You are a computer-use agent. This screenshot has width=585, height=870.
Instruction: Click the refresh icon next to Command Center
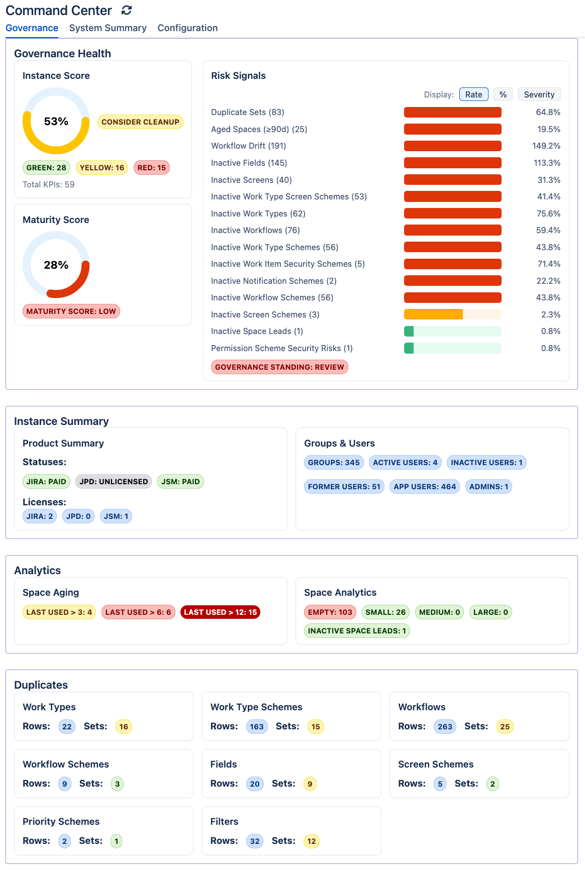point(127,10)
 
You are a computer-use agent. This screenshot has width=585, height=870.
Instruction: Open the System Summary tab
point(108,28)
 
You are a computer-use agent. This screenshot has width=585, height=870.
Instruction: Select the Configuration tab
point(187,28)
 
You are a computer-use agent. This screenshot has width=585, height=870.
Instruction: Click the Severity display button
point(539,94)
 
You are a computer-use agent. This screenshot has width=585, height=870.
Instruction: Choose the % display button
point(503,94)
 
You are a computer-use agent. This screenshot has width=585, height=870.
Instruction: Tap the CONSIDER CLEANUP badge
point(140,122)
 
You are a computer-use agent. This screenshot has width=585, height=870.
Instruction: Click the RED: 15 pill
point(151,168)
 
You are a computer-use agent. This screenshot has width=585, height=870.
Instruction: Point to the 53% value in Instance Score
point(56,122)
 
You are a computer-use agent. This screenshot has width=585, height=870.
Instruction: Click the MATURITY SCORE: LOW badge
point(71,311)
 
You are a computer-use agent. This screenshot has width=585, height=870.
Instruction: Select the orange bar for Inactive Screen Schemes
point(433,314)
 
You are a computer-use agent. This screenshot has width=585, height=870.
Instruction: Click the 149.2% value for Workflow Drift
point(546,146)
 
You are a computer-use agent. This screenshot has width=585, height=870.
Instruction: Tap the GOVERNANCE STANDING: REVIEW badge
point(279,367)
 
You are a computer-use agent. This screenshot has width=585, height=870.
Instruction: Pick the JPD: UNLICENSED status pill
point(114,482)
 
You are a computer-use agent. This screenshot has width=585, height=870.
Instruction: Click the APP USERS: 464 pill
point(425,487)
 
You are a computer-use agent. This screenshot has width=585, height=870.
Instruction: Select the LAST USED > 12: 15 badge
point(220,612)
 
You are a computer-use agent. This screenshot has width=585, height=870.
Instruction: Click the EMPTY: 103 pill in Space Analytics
point(330,612)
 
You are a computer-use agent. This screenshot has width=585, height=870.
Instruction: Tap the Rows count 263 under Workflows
point(445,727)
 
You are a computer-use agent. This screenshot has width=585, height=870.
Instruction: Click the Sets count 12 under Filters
point(312,841)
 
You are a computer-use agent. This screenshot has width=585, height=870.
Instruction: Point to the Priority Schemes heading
point(61,822)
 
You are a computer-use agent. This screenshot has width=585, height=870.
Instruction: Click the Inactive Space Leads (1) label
point(257,332)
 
